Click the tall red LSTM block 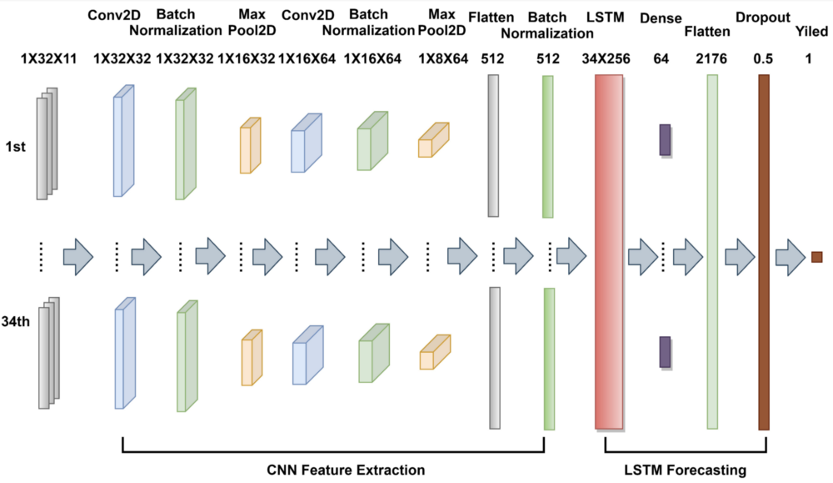tap(609, 252)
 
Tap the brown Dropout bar tap(763, 252)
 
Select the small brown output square tap(817, 257)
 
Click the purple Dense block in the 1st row tap(665, 140)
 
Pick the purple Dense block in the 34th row tap(665, 352)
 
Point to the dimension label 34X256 tap(606, 58)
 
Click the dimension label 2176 tap(711, 58)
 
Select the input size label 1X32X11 tap(49, 58)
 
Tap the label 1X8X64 tap(443, 58)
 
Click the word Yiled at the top tap(811, 32)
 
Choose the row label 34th tap(15, 321)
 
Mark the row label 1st tap(15, 146)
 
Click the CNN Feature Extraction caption tap(346, 470)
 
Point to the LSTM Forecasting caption tap(686, 470)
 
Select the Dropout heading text tap(763, 18)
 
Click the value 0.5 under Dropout tap(763, 58)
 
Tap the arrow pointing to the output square tap(791, 258)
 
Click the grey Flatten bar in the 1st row tap(493, 146)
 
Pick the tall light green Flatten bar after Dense tap(712, 252)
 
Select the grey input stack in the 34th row tap(49, 353)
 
